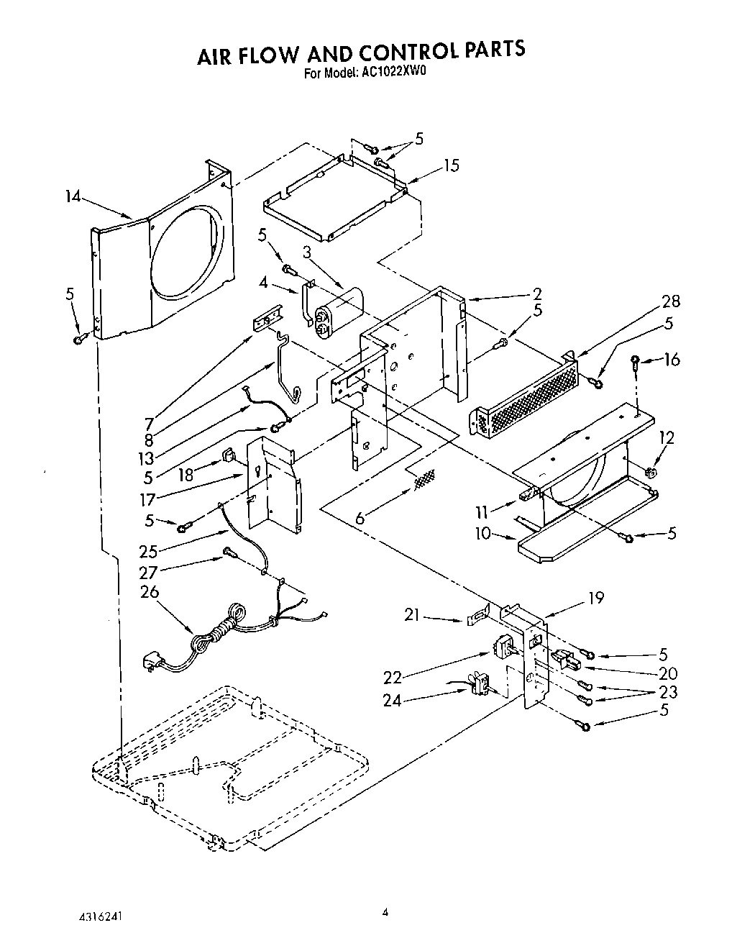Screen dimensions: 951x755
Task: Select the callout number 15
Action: coord(451,165)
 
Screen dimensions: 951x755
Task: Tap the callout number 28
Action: coord(669,301)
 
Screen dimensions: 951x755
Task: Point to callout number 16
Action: coord(671,359)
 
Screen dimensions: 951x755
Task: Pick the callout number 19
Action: coord(595,597)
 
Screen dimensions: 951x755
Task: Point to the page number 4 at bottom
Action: coord(385,912)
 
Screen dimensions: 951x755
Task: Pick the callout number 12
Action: coord(667,437)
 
